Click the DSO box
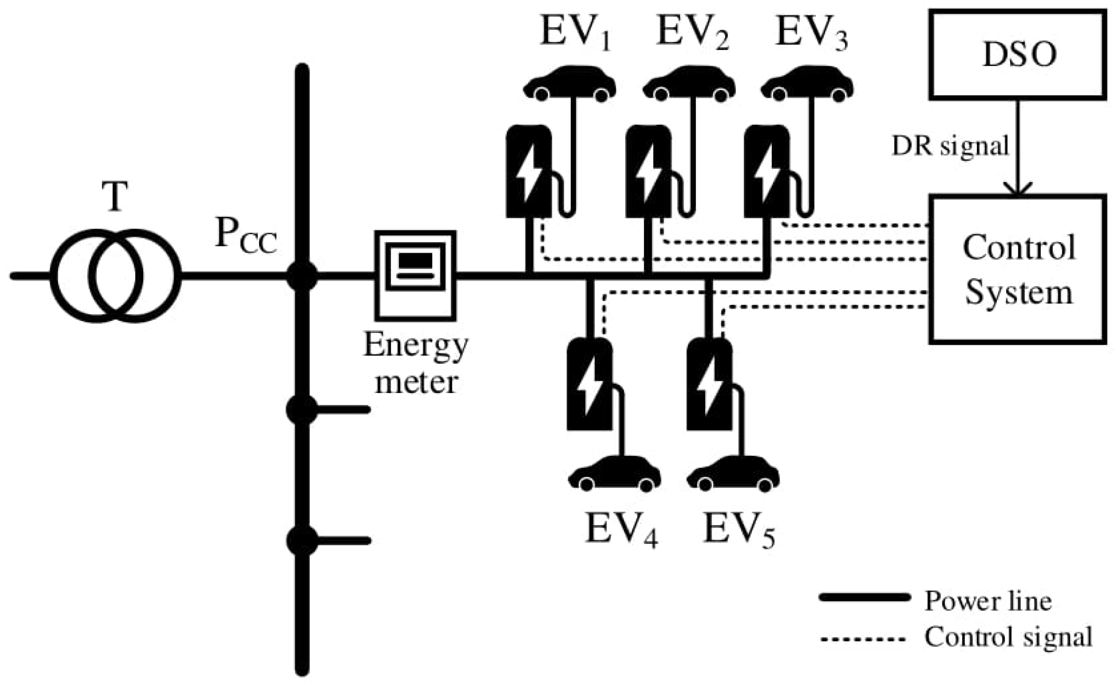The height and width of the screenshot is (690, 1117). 1018,55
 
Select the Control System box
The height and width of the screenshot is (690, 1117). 1018,269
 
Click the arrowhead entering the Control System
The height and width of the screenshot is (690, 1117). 1018,189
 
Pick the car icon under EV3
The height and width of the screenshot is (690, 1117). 807,84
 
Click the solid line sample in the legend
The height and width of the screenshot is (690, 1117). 864,598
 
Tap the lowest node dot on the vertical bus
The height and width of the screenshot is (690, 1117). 301,540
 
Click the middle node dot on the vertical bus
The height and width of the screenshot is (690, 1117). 301,409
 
